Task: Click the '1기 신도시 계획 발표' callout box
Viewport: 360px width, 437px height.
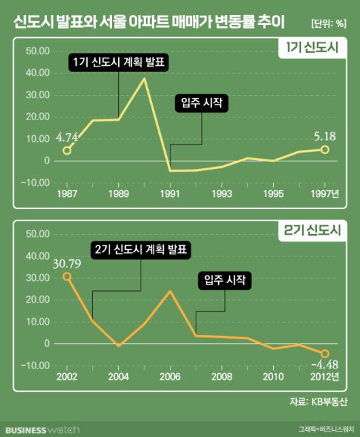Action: click(120, 62)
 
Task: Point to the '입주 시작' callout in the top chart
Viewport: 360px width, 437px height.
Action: click(202, 102)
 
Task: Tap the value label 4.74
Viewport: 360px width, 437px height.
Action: click(67, 136)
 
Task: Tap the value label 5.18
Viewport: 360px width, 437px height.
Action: click(324, 136)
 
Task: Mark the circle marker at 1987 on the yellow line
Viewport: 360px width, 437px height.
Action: click(67, 150)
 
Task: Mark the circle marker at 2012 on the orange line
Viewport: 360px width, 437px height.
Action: click(325, 354)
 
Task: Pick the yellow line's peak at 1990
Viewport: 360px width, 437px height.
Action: click(144, 79)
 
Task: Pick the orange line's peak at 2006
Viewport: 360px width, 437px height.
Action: click(169, 291)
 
